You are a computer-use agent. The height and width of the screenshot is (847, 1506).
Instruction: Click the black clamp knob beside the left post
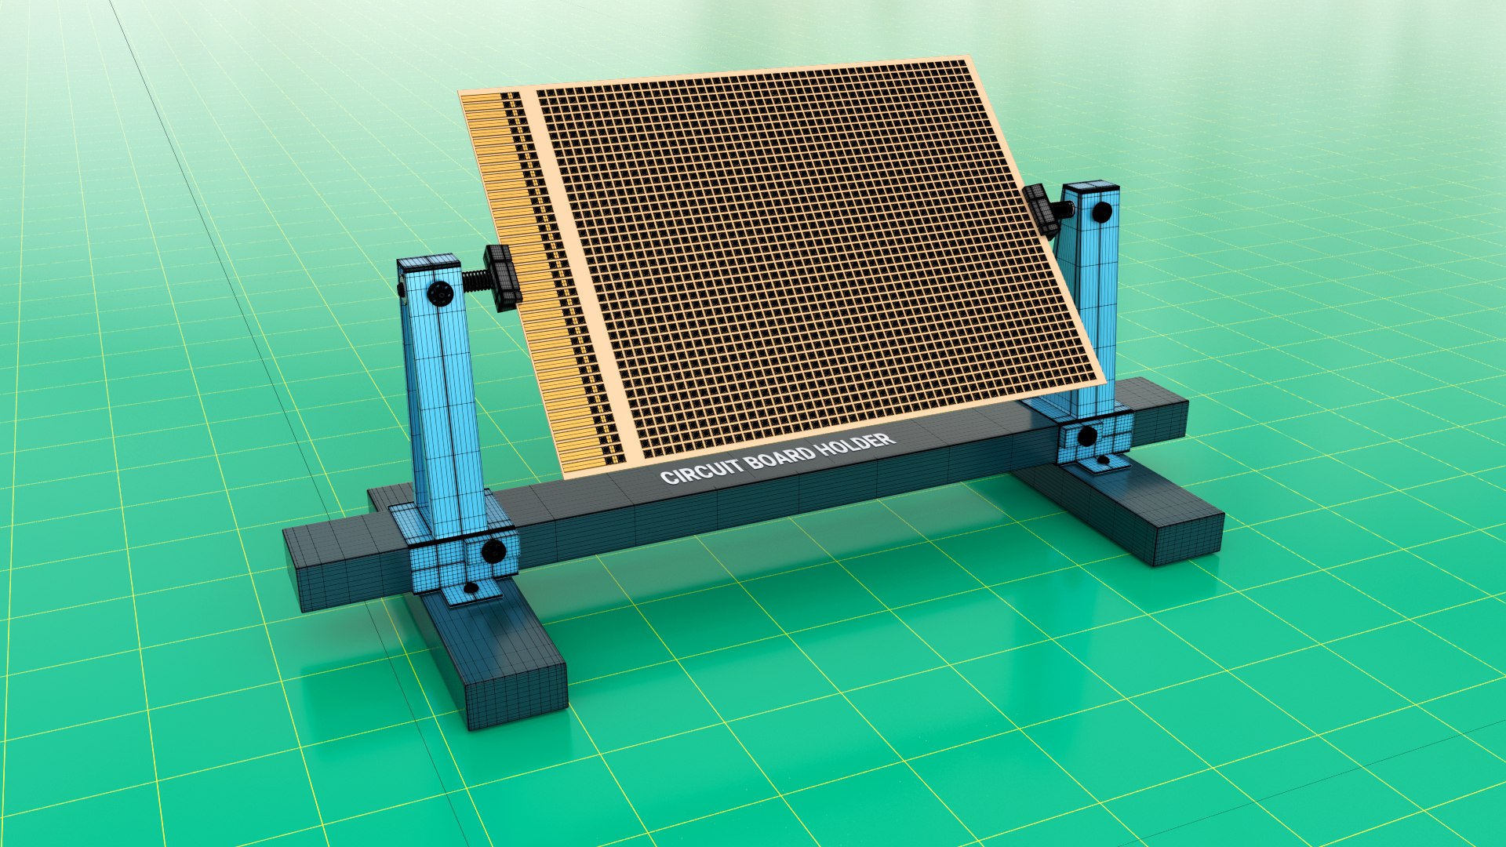502,276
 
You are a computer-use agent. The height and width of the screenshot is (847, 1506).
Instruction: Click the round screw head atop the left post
440,294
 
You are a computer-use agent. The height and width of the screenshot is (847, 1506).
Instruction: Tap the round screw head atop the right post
1101,212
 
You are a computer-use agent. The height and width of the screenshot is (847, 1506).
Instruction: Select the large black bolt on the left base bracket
493,551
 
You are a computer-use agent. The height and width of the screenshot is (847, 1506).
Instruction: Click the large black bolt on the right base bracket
1087,436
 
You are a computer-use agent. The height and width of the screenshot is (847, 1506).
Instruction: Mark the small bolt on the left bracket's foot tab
471,587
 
